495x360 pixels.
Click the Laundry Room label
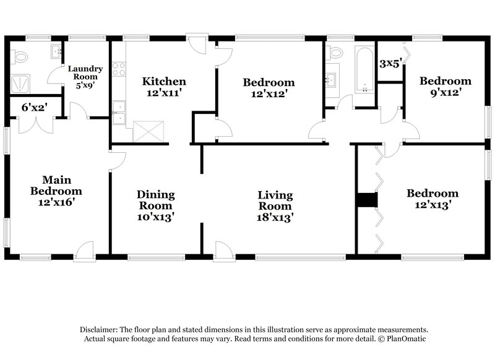85,72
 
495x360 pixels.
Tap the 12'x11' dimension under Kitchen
164,93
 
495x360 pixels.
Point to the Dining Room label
155,199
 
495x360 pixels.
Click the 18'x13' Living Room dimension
275,217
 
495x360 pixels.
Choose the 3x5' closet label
390,63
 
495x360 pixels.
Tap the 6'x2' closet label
35,107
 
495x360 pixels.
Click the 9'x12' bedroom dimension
445,93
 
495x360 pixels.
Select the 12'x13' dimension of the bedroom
432,205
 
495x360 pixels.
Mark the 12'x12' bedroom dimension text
269,94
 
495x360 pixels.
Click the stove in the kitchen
119,68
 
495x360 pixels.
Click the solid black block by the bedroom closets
366,200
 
